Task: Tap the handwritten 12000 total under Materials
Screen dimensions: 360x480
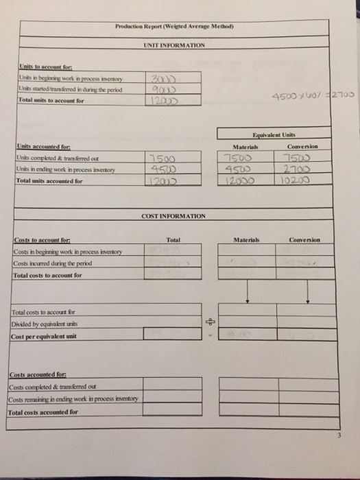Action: (241, 182)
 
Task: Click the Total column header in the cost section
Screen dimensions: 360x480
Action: (172, 240)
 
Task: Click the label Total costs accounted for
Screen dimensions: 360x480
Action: (43, 412)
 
